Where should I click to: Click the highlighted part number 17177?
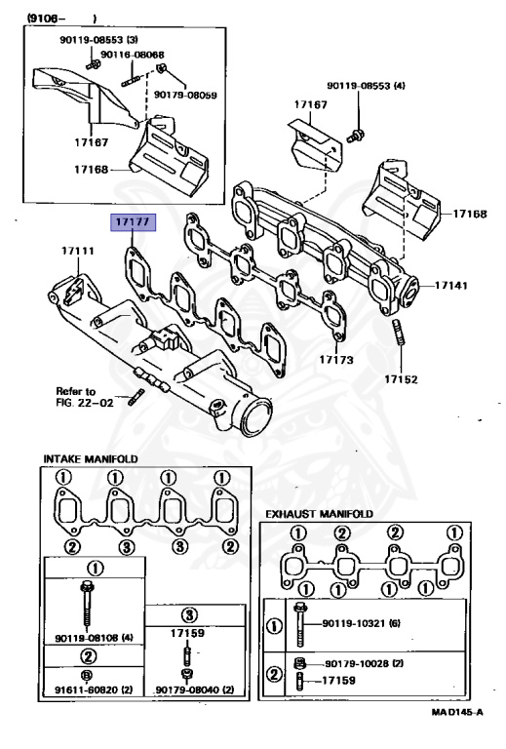pos(132,222)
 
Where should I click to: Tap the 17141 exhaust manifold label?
pos(451,286)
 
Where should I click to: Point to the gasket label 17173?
pos(336,360)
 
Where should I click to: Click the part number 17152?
pos(401,377)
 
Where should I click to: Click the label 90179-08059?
pos(185,95)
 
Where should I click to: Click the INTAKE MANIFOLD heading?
pos(90,458)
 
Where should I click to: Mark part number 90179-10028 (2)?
pos(365,662)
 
